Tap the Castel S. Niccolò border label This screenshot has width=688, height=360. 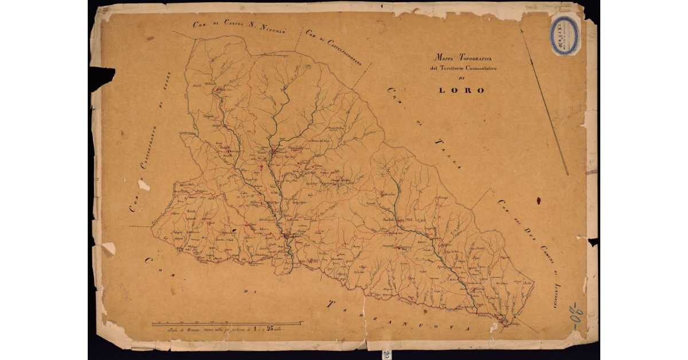pyautogui.click(x=240, y=26)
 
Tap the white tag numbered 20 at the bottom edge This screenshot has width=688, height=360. pyautogui.click(x=388, y=354)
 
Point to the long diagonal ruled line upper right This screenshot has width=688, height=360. pyautogui.click(x=545, y=103)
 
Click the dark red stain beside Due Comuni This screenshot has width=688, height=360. pyautogui.click(x=538, y=201)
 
